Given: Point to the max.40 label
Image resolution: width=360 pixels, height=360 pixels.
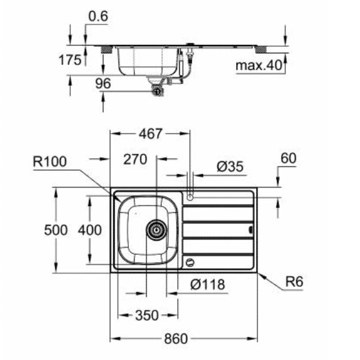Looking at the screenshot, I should pos(257,65).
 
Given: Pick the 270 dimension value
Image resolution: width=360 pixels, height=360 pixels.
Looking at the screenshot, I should pos(135,159).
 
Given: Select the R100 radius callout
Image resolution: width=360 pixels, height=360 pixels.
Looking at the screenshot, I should pos(49,162).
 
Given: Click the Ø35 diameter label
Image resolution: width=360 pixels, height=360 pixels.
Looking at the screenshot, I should pos(230,166).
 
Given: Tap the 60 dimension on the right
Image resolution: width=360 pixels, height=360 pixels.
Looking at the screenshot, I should pos(287,159).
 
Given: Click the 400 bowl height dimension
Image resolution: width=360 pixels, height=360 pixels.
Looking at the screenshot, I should pos(89,229).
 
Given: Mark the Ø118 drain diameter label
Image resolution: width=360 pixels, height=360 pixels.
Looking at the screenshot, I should pos(207,285).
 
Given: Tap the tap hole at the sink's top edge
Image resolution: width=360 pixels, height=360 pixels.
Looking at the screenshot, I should pos(189,195).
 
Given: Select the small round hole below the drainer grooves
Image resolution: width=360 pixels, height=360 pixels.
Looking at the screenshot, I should pos(189,262).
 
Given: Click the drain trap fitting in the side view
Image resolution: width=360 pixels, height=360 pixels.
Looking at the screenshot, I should pos(156,90).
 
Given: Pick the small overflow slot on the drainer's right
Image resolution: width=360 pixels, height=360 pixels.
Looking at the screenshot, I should pos(251,229).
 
